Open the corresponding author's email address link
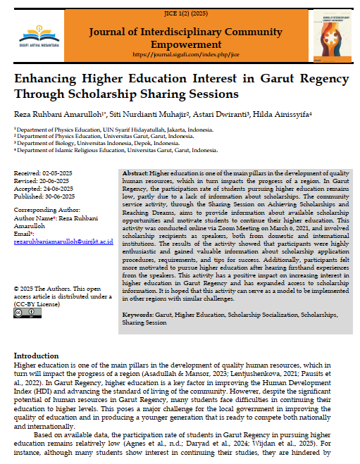coord(63,241)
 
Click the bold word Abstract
coord(135,173)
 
